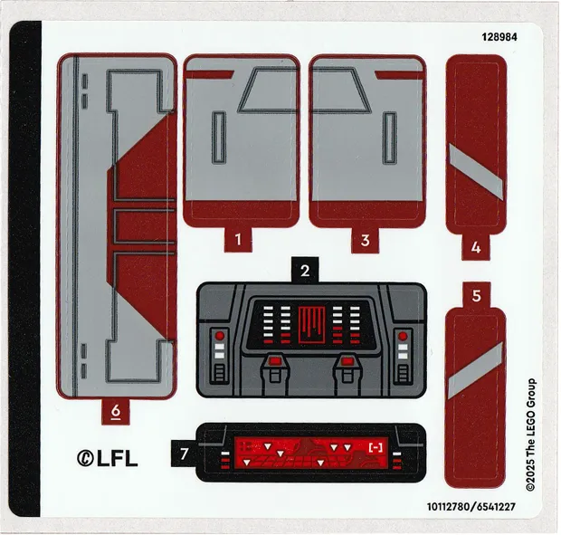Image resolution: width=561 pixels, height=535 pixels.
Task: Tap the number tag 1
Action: coord(239,241)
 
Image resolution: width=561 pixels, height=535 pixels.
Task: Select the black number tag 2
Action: coord(306,270)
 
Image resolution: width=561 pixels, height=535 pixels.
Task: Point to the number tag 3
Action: coord(366,241)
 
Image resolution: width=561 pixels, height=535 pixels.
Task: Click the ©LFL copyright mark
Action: coord(107,458)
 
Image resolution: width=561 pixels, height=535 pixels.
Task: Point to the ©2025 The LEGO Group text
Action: coord(532,435)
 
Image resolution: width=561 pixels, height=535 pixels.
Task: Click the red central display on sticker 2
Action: coord(310,323)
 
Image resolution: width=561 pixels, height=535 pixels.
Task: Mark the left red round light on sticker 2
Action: coord(219,336)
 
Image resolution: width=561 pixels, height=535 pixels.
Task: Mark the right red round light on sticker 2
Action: coord(403,336)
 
